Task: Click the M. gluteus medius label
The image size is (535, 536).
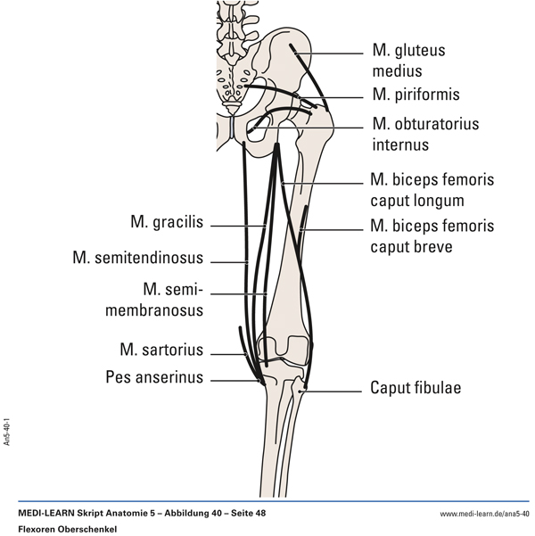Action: tap(408, 61)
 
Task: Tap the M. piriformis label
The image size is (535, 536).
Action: tap(414, 94)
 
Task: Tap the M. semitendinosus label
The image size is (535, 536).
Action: tap(138, 259)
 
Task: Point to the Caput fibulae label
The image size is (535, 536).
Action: tap(415, 389)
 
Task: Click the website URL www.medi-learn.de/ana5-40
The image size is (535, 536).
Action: tap(484, 515)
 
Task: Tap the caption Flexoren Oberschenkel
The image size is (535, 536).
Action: tap(67, 529)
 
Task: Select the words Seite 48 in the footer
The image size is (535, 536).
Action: tap(243, 515)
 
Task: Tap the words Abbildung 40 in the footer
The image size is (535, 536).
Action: tap(187, 515)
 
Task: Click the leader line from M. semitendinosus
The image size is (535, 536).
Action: tap(226, 260)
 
